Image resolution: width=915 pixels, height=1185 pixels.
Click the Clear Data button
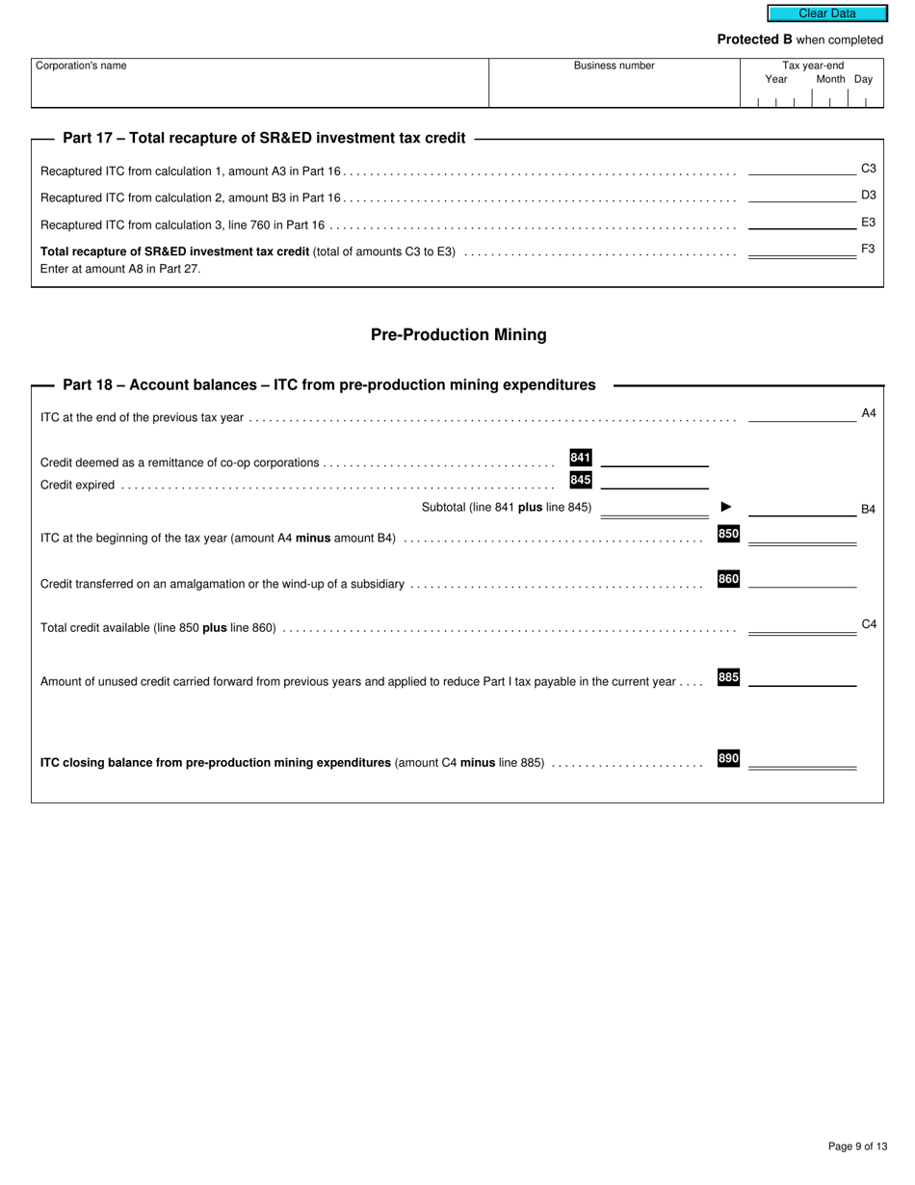click(826, 13)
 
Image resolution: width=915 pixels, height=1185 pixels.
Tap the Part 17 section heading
click(264, 138)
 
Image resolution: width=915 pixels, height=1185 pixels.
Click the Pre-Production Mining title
click(458, 334)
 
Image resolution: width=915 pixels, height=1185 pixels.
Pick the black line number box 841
click(581, 458)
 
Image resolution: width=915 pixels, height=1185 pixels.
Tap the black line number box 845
click(581, 480)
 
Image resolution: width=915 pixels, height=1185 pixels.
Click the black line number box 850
click(728, 534)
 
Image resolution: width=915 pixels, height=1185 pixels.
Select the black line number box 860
click(728, 579)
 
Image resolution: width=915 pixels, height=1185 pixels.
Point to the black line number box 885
click(728, 677)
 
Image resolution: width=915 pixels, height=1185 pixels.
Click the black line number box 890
click(728, 758)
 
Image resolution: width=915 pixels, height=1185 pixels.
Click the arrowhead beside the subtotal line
click(726, 507)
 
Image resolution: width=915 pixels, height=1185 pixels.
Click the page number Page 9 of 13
click(857, 1146)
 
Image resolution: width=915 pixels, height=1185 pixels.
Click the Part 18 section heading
click(328, 384)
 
